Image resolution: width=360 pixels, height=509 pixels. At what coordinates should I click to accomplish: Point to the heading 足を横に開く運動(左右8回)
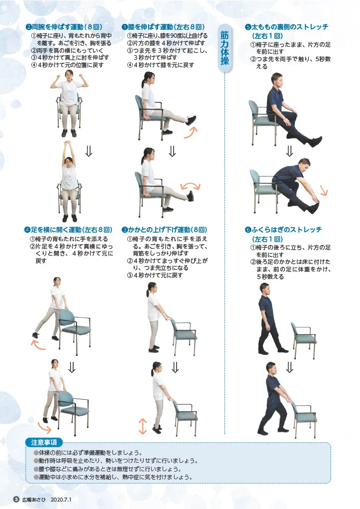click(x=67, y=230)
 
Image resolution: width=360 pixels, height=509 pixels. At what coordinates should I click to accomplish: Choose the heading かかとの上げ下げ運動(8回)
click(x=164, y=230)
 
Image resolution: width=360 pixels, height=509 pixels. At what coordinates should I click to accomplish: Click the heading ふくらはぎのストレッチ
click(x=283, y=230)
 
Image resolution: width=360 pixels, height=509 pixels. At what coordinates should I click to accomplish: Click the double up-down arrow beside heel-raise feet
click(x=143, y=426)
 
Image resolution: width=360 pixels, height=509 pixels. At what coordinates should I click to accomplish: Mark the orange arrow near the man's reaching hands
click(x=323, y=190)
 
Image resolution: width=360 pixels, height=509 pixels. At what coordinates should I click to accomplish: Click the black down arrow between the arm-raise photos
click(x=89, y=151)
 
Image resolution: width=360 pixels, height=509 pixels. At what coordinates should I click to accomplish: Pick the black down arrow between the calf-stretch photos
click(x=289, y=367)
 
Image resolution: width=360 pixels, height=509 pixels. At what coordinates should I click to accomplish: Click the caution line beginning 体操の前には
click(x=90, y=453)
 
